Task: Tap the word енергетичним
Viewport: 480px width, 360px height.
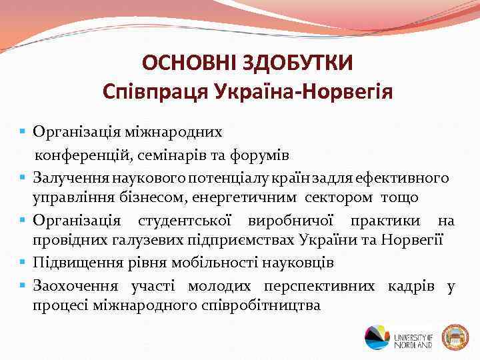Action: pyautogui.click(x=257, y=198)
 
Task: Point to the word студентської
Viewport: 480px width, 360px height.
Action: pyautogui.click(x=181, y=221)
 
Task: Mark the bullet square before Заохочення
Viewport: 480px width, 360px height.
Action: pyautogui.click(x=23, y=285)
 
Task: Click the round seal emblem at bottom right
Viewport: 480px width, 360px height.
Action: pyautogui.click(x=455, y=337)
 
